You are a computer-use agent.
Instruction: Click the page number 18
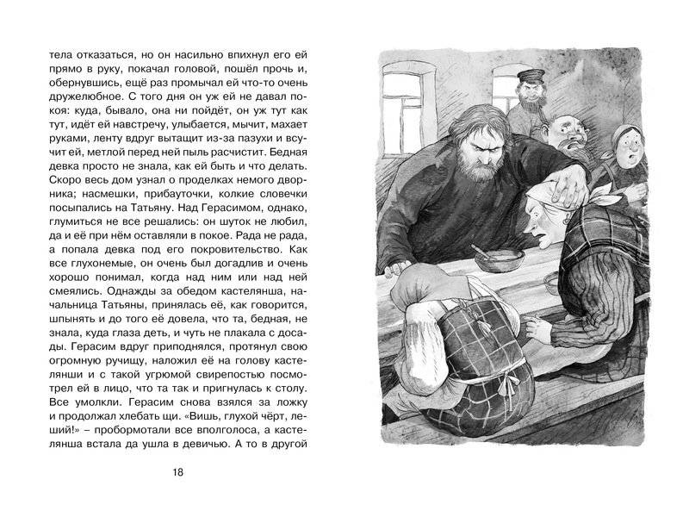click(x=178, y=471)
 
